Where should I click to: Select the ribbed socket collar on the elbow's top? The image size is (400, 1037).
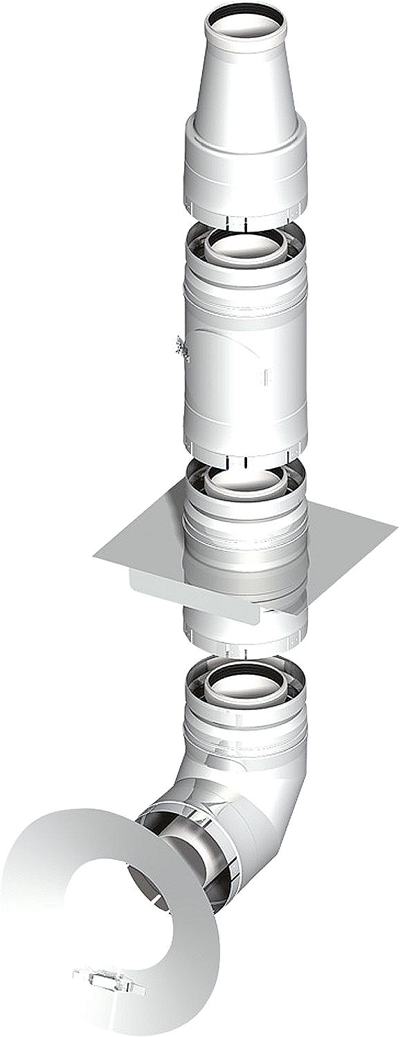click(x=245, y=733)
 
